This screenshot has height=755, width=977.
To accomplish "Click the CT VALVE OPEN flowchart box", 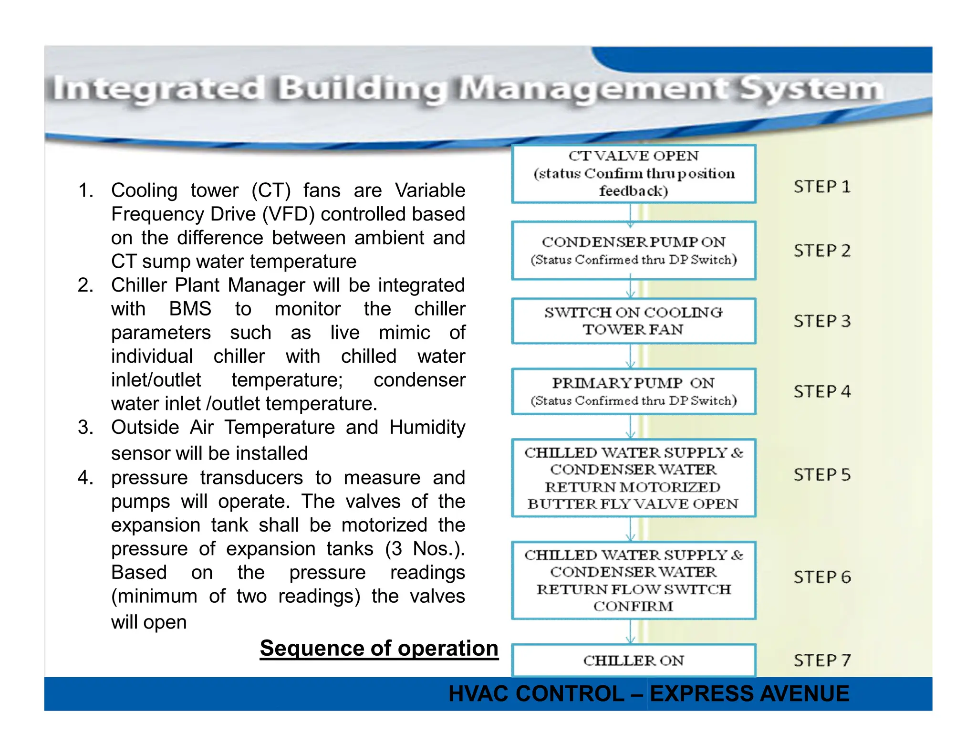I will tap(634, 174).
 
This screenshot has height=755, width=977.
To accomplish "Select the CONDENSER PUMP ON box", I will tap(634, 250).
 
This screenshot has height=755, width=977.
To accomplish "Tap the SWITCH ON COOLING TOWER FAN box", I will tap(634, 321).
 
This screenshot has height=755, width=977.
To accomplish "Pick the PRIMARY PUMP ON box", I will tap(634, 391).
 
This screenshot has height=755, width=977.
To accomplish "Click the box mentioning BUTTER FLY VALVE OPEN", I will tap(634, 478).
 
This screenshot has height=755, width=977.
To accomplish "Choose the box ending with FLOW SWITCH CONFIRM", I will tap(634, 580).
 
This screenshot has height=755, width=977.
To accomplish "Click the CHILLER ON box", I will tap(634, 661).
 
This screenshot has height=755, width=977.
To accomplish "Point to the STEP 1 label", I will tap(822, 187).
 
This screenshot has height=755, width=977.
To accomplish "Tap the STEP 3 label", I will tap(822, 321).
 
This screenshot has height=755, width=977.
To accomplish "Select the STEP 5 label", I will tap(822, 475).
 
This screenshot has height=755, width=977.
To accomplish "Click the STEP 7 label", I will tap(822, 661).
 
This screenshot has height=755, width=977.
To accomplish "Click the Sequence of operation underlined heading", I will tap(379, 649).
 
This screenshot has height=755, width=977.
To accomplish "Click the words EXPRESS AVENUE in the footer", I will tap(749, 693).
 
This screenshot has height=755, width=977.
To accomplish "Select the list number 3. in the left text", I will tap(85, 427).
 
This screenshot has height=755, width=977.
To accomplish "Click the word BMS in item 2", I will tap(190, 309).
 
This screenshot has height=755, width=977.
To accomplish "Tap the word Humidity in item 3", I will tap(427, 427).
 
